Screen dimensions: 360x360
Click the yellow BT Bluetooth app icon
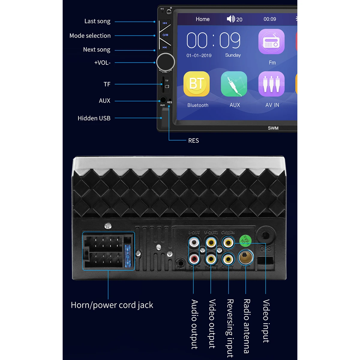coord(196,84)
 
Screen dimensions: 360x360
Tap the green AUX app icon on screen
coord(234,84)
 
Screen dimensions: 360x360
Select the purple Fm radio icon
coord(271,42)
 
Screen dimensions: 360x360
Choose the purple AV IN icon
coord(271,84)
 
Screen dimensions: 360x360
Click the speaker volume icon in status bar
coord(231,19)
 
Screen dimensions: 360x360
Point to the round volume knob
coord(166,62)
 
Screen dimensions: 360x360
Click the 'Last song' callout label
coord(97,21)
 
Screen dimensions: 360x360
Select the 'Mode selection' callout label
coord(90,36)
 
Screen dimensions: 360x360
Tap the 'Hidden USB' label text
coord(94,118)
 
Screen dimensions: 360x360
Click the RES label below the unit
coord(193,141)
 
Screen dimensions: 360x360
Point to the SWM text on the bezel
coord(273,128)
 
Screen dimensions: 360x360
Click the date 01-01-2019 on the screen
coord(199,55)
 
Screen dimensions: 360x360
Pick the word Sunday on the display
coord(233,55)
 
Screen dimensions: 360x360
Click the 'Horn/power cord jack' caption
coord(112,305)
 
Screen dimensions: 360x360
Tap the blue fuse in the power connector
coord(128,256)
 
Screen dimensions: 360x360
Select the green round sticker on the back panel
coord(245,240)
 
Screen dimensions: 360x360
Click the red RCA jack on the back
coord(194,258)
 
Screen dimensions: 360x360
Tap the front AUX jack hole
coord(163,100)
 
